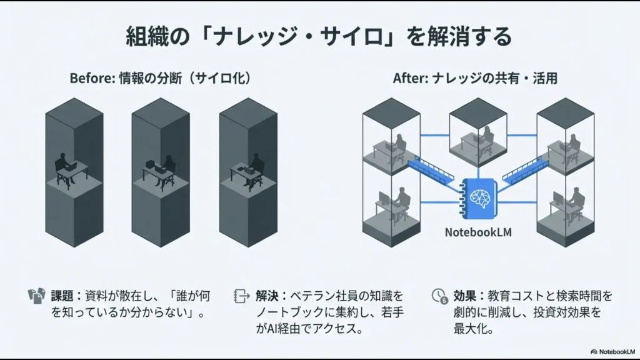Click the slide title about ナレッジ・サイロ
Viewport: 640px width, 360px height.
319,36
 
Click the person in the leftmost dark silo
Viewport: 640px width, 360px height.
64,166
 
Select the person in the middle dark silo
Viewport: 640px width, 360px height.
166,166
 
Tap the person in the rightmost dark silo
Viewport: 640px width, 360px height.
254,165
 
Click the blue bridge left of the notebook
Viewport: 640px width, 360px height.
432,172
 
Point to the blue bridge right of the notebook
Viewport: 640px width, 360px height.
527,172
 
